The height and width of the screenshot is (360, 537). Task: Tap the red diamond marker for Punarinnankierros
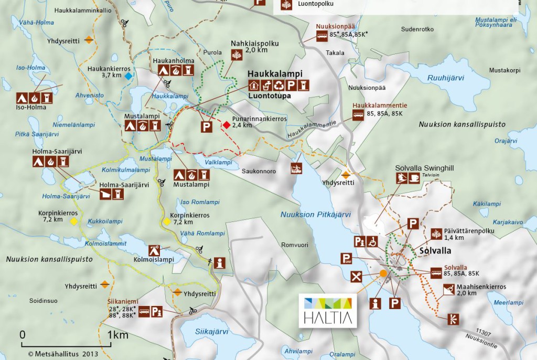pyautogui.click(x=226, y=125)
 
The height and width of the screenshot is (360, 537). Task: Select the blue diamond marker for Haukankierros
pyautogui.click(x=128, y=76)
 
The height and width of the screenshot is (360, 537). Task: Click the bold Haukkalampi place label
pyautogui.click(x=271, y=75)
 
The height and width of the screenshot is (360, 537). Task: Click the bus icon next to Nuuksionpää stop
pyautogui.click(x=321, y=36)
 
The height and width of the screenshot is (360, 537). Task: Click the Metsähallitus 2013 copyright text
pyautogui.click(x=57, y=353)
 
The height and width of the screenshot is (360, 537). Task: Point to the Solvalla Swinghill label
pyautogui.click(x=425, y=167)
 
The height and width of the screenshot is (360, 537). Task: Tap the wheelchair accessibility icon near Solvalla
pyautogui.click(x=372, y=241)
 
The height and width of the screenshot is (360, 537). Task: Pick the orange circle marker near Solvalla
pyautogui.click(x=383, y=273)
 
